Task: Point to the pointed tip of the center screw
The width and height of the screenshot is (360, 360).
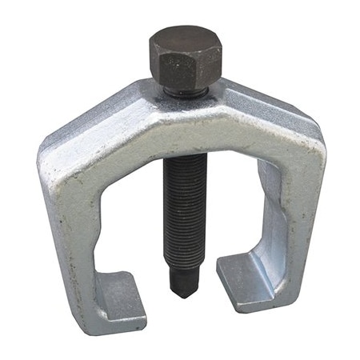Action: tap(182, 290)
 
